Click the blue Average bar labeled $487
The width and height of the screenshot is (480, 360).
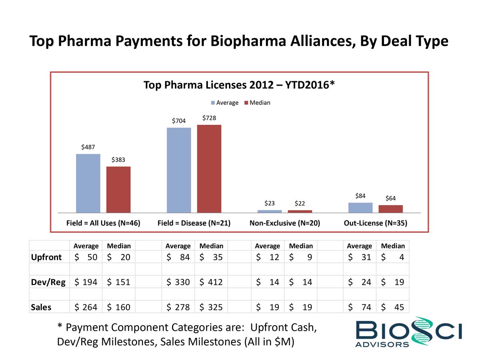point(88,183)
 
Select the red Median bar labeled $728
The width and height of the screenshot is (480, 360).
point(209,168)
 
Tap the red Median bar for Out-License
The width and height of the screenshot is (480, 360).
point(390,209)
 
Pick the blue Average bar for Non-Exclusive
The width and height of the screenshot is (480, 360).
point(270,211)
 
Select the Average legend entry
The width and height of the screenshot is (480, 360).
point(225,103)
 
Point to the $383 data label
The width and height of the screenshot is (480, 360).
point(118,160)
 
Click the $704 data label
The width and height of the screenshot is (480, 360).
point(179,121)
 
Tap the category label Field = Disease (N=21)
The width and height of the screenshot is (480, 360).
point(194,223)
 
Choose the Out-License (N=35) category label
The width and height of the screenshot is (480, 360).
point(375,223)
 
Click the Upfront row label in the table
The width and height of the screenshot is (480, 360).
point(46,257)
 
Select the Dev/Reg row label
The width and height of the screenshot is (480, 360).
point(48,282)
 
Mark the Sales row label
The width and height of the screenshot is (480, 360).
point(42,307)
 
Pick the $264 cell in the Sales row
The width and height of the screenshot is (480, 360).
point(86,307)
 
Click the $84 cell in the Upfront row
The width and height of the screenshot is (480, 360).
point(178,257)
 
